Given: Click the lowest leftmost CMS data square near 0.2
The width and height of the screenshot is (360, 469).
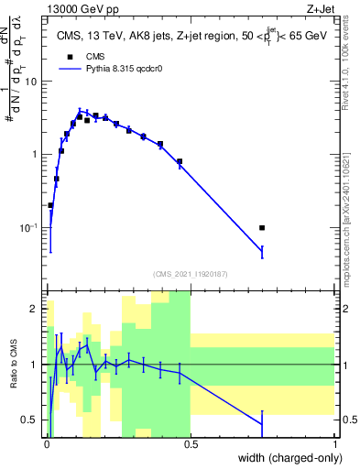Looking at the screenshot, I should pos(50,205).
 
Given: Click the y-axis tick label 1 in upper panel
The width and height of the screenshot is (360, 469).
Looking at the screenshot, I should pos(36,155).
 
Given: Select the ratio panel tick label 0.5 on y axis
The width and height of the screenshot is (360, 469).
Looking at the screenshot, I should pos(30,420).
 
